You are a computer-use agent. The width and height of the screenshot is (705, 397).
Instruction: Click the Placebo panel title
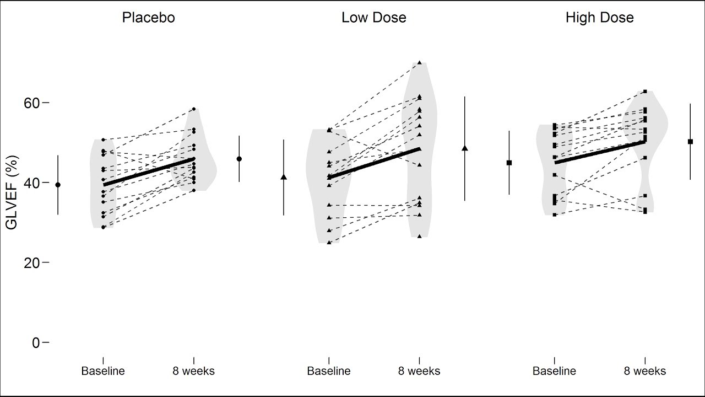[x=148, y=18]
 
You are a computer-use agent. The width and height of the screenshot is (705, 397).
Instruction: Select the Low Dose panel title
[x=373, y=18]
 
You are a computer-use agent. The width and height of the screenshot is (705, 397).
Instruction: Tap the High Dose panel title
[x=599, y=18]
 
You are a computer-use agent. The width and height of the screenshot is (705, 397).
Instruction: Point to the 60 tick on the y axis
[x=31, y=103]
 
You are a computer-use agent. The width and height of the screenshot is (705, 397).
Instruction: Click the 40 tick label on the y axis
[x=31, y=183]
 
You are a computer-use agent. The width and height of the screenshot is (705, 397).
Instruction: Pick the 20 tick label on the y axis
[x=31, y=262]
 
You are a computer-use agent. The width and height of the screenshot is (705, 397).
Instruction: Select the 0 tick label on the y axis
[x=35, y=342]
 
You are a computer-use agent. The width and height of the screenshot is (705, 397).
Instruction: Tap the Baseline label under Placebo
[x=103, y=371]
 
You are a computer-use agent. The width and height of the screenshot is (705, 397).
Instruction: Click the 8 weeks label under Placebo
[x=193, y=371]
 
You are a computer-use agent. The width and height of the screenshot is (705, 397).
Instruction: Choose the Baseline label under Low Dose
[x=329, y=371]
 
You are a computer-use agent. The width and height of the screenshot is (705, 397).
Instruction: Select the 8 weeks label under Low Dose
[x=419, y=371]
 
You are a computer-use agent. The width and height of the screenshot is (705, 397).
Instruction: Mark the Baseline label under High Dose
[x=554, y=371]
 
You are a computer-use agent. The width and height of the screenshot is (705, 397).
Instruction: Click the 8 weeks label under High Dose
[x=644, y=371]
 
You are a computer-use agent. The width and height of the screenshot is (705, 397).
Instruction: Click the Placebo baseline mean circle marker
[x=58, y=185]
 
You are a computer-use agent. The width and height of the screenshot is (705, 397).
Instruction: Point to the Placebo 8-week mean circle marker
[x=239, y=159]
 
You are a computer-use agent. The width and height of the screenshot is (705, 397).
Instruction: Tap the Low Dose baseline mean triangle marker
[x=284, y=177]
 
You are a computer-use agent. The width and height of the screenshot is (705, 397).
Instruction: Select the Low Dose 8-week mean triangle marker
[x=465, y=148]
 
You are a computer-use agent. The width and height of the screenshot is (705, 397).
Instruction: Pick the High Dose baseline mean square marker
[x=509, y=163]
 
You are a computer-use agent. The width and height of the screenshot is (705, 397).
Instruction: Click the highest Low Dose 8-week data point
[x=419, y=62]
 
